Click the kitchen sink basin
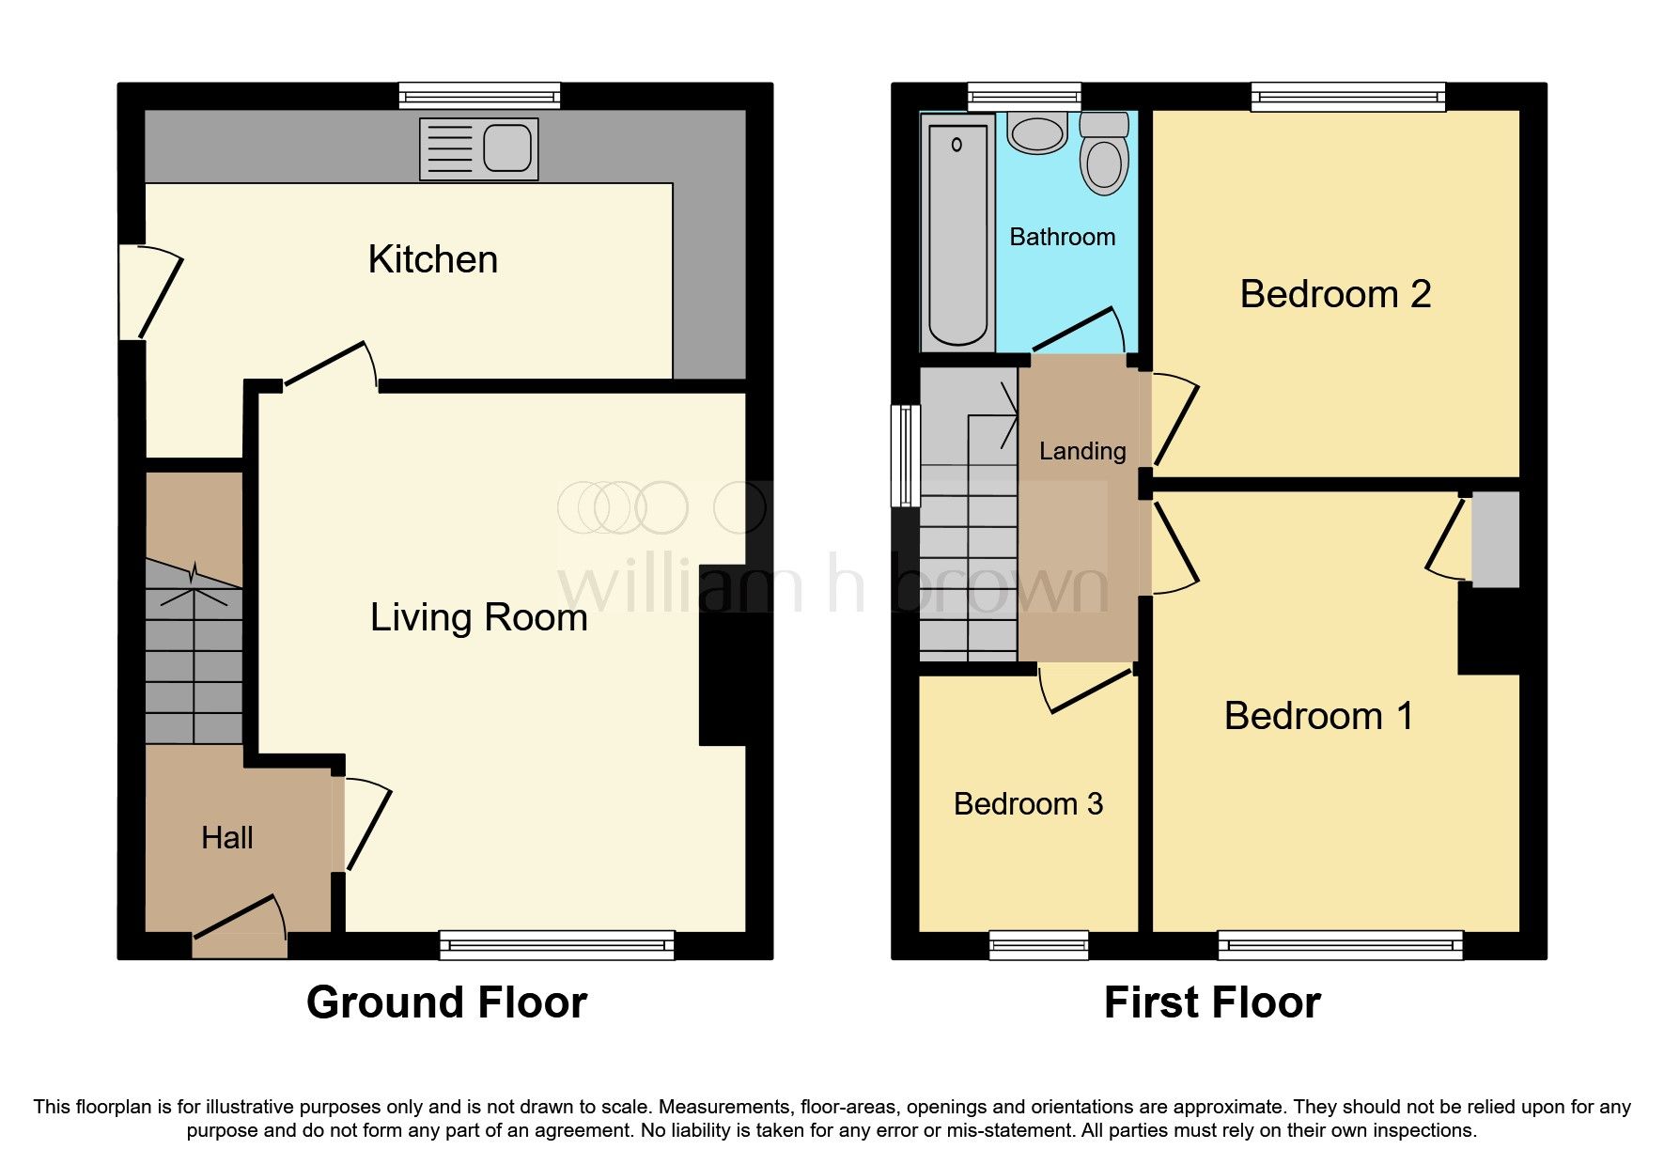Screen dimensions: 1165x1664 pos(507,148)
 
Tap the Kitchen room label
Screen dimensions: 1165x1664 pos(432,260)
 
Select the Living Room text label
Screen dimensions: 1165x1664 pos(478,618)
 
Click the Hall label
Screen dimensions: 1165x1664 pos(227,838)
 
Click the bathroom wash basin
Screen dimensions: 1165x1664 pos(1037,133)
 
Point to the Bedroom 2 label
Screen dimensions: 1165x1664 pos(1334,295)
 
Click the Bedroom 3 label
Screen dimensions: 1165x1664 pos(1028,804)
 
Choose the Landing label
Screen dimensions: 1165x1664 pos(1081,452)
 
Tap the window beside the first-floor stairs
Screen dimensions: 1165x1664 pos(906,456)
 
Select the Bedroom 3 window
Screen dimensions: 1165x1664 pos(1038,944)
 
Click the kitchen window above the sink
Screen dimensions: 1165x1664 pos(479,95)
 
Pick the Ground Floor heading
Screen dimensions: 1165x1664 pos(446,1002)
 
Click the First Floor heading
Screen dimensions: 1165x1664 pos(1212,1002)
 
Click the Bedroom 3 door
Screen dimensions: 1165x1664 pos(1088,690)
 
